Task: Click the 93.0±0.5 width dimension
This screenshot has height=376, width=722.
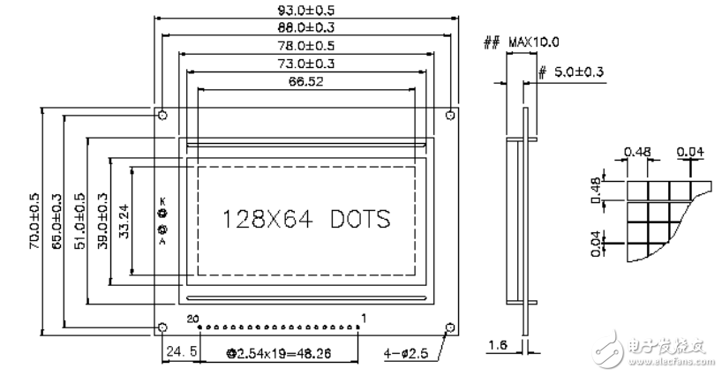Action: (306, 10)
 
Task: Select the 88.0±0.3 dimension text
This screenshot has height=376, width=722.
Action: (306, 28)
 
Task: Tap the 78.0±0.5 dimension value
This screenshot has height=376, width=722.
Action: (306, 46)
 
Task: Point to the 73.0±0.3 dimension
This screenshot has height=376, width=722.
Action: (306, 64)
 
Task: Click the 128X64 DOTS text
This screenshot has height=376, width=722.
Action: (306, 218)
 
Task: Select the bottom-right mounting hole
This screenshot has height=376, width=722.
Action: (450, 328)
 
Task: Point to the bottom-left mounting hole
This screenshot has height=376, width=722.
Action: (162, 328)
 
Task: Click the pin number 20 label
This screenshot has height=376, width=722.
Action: (194, 317)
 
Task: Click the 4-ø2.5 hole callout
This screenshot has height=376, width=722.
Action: (408, 354)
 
